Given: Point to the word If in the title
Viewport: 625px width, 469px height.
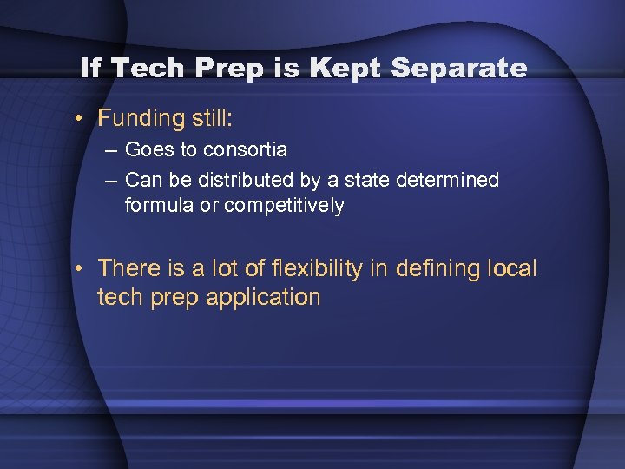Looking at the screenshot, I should click(90, 68).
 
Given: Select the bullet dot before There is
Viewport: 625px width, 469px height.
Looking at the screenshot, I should click(79, 268).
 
